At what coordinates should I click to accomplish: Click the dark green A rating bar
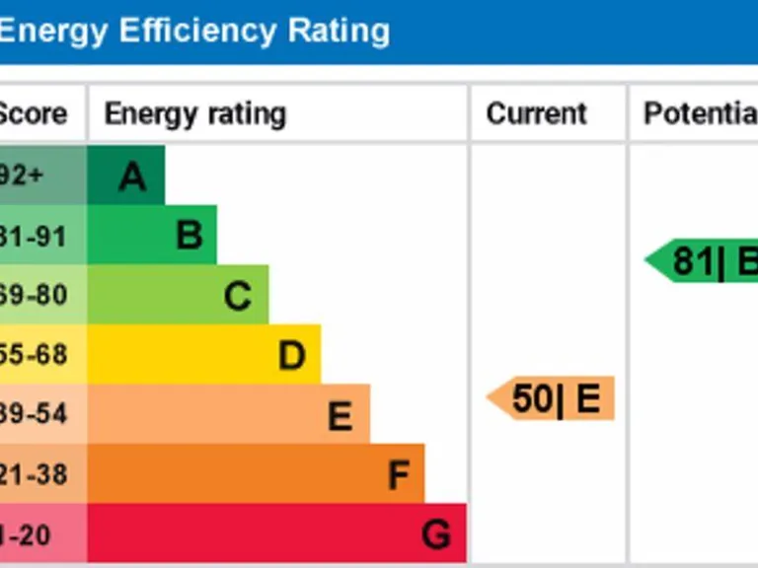click(x=126, y=176)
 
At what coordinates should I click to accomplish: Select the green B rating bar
click(x=152, y=235)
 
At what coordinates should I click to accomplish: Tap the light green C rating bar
click(x=178, y=295)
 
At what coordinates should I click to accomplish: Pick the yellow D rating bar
click(x=203, y=354)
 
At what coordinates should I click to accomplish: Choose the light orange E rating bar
click(x=228, y=414)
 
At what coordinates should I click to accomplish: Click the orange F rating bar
click(x=256, y=474)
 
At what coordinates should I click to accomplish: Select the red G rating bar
click(x=276, y=533)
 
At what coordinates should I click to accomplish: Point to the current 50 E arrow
click(x=552, y=398)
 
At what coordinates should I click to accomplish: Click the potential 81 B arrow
click(x=704, y=261)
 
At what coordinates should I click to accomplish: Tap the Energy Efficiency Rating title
click(x=193, y=32)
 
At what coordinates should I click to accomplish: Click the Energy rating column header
click(x=194, y=113)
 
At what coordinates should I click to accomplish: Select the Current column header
click(x=536, y=113)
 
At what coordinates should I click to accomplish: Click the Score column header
click(x=33, y=113)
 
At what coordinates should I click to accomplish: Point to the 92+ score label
click(x=22, y=176)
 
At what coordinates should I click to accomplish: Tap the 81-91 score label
click(x=33, y=236)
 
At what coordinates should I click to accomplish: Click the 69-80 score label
click(x=33, y=295)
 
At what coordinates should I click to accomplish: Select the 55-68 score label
click(x=33, y=354)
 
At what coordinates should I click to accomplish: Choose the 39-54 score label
click(x=33, y=414)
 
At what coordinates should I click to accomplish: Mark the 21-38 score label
click(x=33, y=474)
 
